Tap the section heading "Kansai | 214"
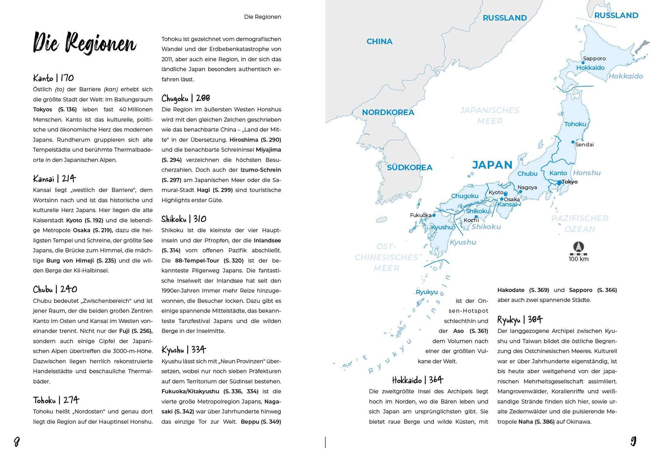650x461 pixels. click(x=54, y=178)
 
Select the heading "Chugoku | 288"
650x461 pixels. click(x=186, y=98)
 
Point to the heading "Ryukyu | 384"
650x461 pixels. click(x=519, y=320)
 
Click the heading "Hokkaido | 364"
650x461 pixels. click(x=418, y=380)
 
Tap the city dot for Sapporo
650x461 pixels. click(x=583, y=63)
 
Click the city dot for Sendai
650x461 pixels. click(x=573, y=142)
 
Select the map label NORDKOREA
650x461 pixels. click(x=388, y=112)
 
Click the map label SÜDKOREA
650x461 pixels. click(x=409, y=167)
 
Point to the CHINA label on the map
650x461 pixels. click(x=379, y=41)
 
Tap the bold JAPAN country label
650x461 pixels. click(x=492, y=165)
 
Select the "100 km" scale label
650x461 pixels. click(x=578, y=259)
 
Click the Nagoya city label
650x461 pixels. click(x=527, y=187)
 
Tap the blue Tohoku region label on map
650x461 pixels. click(x=575, y=124)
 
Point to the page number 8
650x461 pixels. click(x=17, y=442)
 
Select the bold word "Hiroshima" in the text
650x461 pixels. click(x=244, y=140)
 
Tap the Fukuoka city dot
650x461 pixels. click(x=434, y=215)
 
